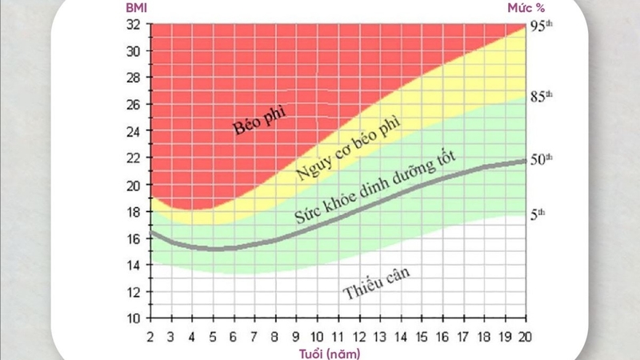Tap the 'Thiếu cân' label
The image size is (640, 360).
tap(376, 283)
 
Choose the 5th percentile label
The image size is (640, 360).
tap(538, 214)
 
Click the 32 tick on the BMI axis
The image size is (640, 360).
tap(133, 24)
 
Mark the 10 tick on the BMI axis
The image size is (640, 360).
tap(133, 318)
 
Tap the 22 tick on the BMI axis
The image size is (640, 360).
tap(133, 158)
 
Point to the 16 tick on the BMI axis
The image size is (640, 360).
tap(133, 238)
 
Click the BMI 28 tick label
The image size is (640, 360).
tap(133, 78)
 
